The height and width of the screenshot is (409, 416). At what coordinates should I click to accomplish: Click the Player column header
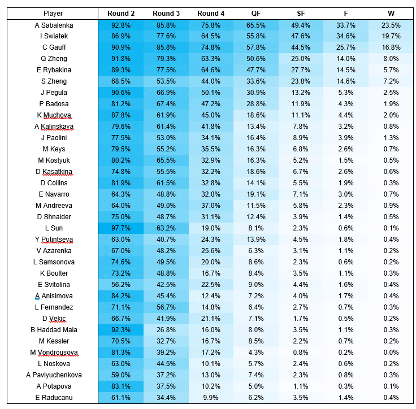tap(53, 14)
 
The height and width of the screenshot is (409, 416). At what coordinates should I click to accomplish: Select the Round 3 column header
tap(166, 14)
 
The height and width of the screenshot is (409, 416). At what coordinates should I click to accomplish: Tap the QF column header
tap(256, 14)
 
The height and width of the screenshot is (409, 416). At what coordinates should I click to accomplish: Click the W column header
tap(391, 14)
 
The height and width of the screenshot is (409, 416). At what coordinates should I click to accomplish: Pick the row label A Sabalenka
tap(54, 25)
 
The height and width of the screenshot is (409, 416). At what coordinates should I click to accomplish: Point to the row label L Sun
tap(54, 228)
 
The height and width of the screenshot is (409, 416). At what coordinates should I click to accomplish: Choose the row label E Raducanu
tap(54, 397)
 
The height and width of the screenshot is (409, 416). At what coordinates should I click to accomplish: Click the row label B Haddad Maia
tap(54, 330)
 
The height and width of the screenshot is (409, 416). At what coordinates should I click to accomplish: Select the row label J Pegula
tap(54, 93)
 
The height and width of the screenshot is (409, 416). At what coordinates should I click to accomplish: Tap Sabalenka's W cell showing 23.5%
tap(391, 25)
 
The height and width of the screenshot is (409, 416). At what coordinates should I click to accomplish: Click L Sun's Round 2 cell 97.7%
tap(121, 228)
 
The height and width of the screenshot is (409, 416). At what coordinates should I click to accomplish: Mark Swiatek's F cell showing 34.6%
tap(346, 36)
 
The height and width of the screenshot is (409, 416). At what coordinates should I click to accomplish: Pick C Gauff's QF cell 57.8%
tap(256, 47)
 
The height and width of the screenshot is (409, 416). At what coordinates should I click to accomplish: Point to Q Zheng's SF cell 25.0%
tap(301, 59)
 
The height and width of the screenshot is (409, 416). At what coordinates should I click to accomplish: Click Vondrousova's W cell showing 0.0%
tap(391, 353)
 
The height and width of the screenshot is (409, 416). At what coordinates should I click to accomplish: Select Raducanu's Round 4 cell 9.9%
tap(211, 397)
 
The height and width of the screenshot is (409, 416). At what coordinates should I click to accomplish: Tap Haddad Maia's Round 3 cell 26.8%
tap(166, 330)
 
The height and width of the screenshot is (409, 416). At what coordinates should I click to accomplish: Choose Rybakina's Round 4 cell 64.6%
tap(211, 70)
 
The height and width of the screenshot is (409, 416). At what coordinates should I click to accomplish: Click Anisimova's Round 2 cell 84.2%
tap(121, 296)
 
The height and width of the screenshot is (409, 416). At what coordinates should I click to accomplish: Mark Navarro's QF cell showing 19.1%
tap(256, 194)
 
